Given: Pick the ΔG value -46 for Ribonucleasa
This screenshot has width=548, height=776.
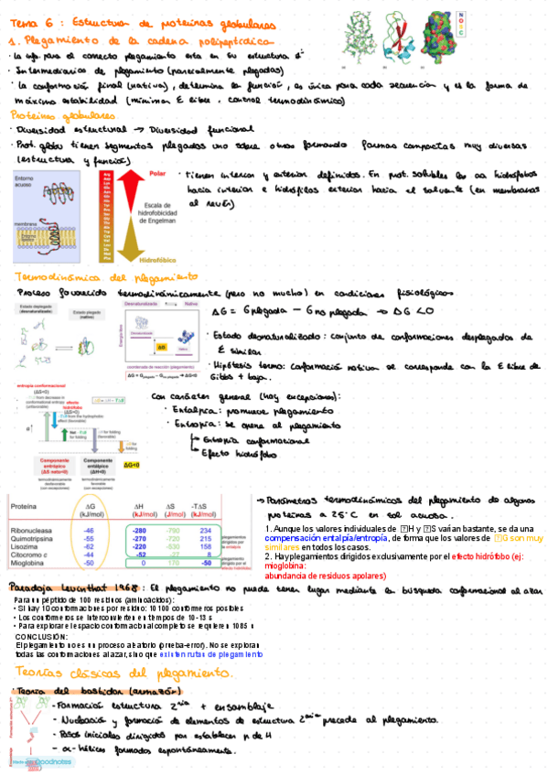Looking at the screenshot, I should point(89,530).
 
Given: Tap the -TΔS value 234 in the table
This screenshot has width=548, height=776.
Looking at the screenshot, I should point(206,530).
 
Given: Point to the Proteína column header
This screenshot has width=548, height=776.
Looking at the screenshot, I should point(24,505).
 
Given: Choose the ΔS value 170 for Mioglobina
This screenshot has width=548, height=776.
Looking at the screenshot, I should point(171,563).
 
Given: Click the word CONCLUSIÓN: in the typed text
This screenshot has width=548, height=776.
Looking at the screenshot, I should point(41,636).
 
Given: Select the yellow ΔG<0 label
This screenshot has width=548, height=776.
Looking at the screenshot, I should point(132,465).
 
